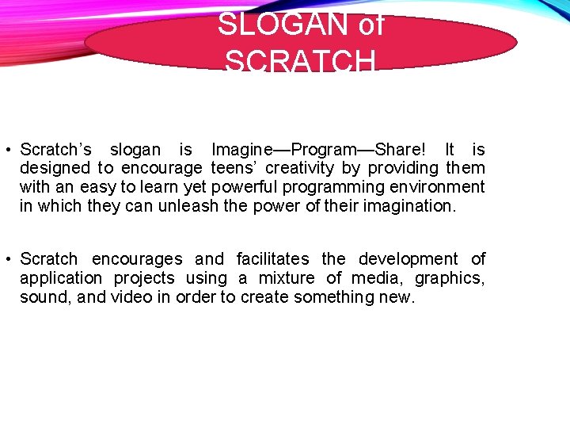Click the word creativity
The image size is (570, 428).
301,168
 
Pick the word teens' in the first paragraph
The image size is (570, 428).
234,168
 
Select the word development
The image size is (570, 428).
408,259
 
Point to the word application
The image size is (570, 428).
61,278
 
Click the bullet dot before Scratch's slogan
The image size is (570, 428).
6,151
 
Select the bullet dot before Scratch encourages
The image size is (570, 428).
6,260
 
